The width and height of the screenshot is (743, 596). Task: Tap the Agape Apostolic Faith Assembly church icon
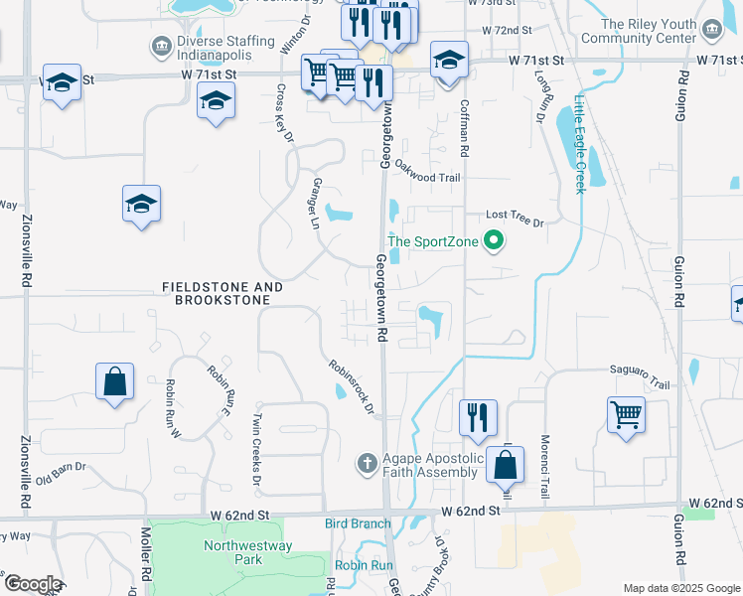click(367, 462)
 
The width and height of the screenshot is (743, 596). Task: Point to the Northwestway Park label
click(233, 552)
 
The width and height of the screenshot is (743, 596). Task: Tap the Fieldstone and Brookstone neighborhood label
click(223, 293)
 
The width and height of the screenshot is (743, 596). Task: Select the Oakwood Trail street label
click(428, 172)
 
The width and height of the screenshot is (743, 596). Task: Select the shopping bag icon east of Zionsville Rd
click(115, 380)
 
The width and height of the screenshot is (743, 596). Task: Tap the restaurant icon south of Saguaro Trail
click(478, 417)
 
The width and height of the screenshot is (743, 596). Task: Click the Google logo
click(32, 584)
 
